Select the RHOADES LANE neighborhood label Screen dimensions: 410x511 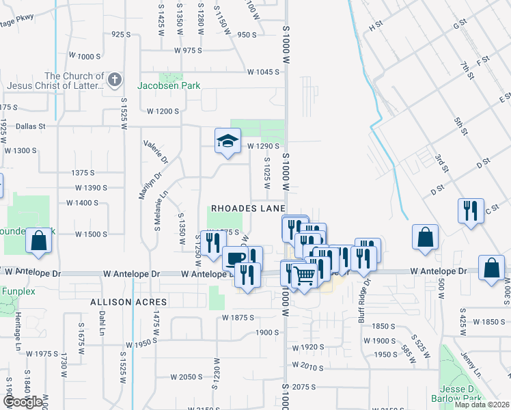(x=247, y=207)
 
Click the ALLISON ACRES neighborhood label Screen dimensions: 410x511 (x=119, y=301)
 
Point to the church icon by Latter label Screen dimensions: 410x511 (x=114, y=80)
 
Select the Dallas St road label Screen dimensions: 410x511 (x=31, y=126)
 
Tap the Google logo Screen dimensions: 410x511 (x=23, y=402)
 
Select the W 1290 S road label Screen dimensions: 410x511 (x=264, y=146)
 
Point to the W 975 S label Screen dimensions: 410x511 (x=189, y=51)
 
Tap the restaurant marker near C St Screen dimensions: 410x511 (x=471, y=210)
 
